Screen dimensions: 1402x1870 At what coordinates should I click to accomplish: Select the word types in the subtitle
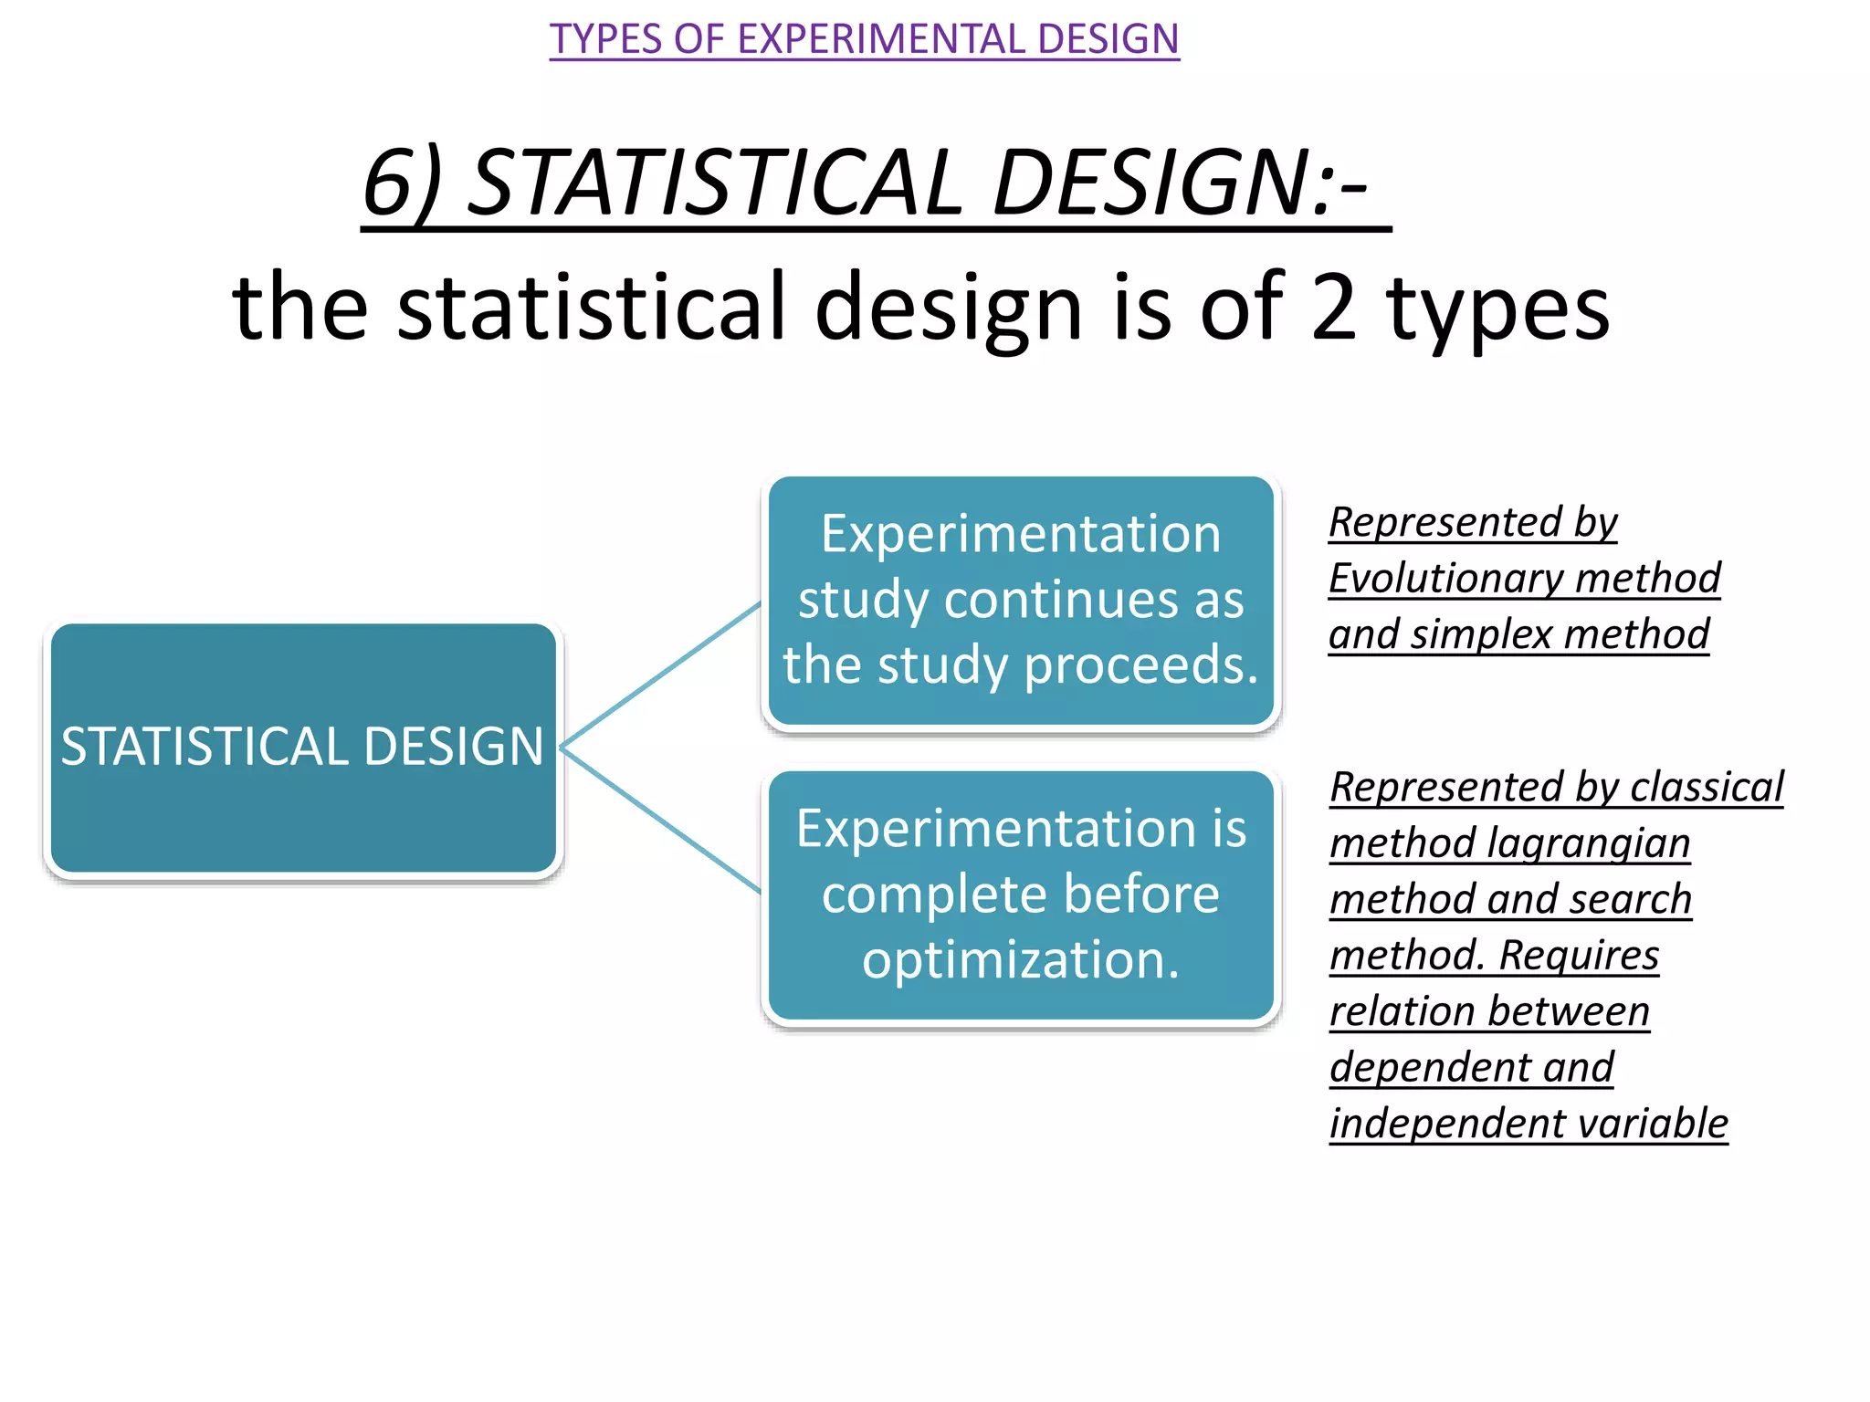(x=1497, y=310)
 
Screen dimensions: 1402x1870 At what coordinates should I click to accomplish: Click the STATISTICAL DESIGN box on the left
(x=303, y=747)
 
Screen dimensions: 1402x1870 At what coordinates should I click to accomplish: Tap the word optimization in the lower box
(x=1020, y=960)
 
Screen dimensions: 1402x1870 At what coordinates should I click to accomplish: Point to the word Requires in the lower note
(x=1579, y=956)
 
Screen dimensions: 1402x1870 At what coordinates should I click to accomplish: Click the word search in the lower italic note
(x=1634, y=900)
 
